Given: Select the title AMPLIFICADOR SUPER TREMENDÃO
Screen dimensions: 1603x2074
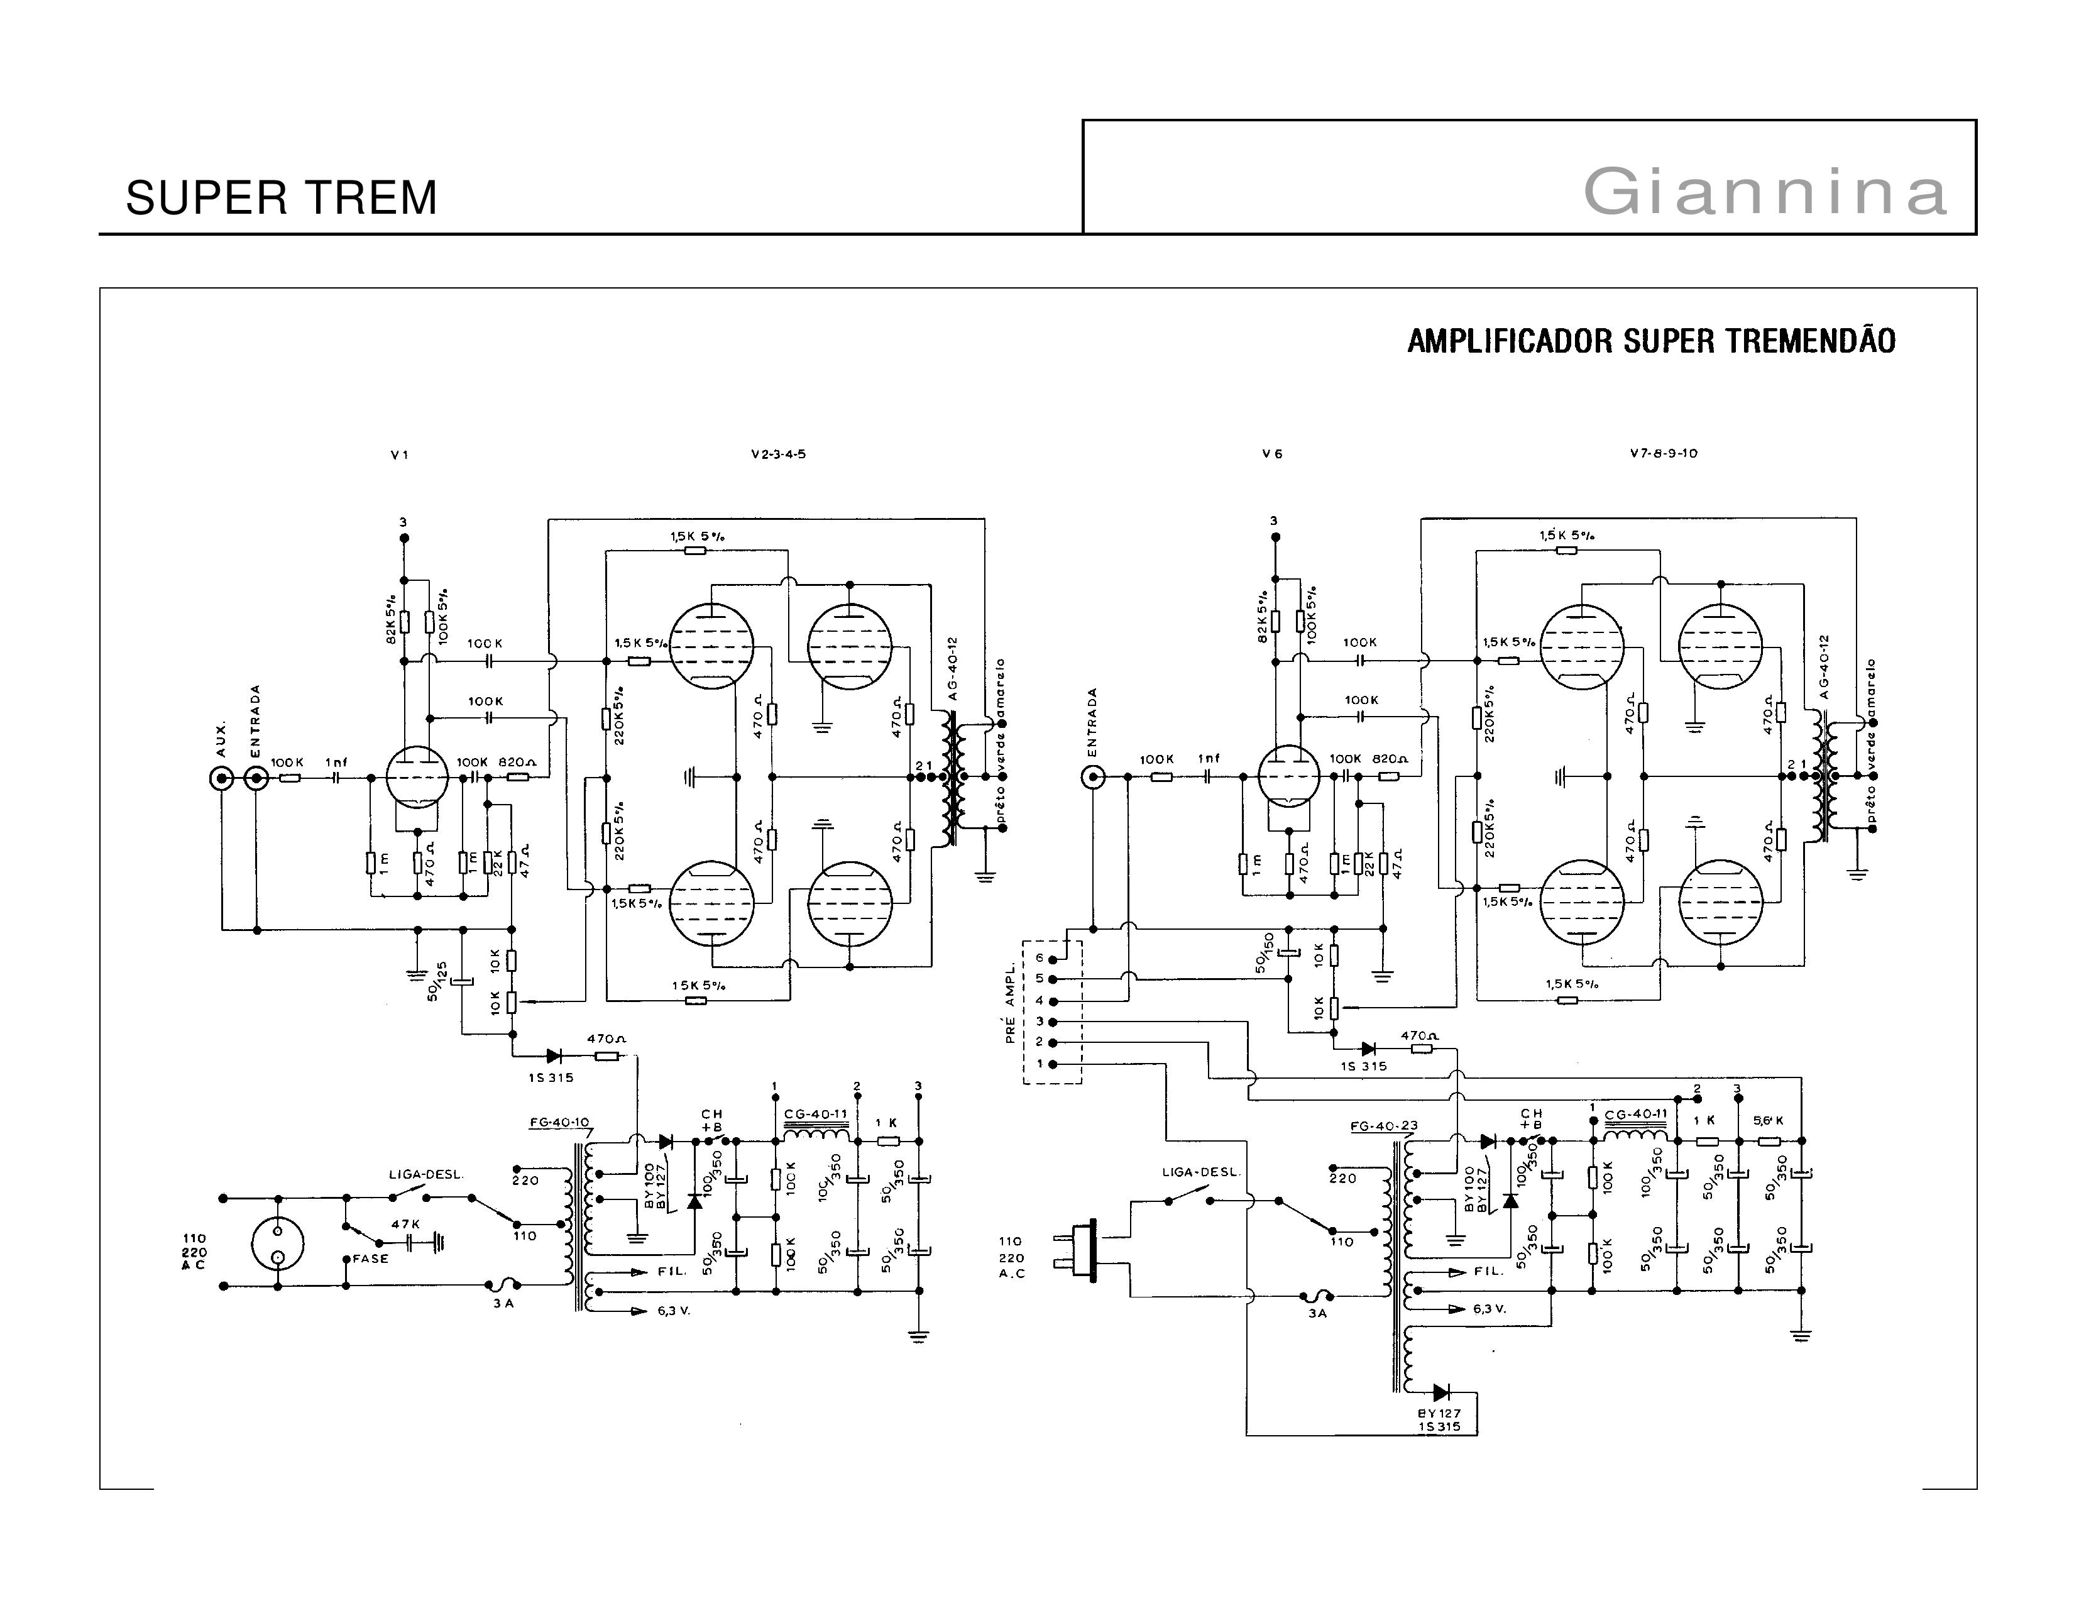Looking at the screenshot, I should tap(1650, 341).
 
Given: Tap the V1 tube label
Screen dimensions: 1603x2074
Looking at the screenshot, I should tap(400, 455).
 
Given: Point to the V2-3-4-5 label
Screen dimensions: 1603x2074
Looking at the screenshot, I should tap(778, 454).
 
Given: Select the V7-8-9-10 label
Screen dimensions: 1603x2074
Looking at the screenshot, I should tap(1664, 453).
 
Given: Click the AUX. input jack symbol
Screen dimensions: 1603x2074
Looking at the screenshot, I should tap(221, 779).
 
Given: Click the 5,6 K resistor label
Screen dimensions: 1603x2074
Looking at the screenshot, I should tap(1768, 1121).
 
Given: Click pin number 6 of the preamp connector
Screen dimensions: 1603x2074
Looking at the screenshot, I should tap(1040, 958).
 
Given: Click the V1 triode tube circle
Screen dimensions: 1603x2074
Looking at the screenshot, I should tap(418, 777).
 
